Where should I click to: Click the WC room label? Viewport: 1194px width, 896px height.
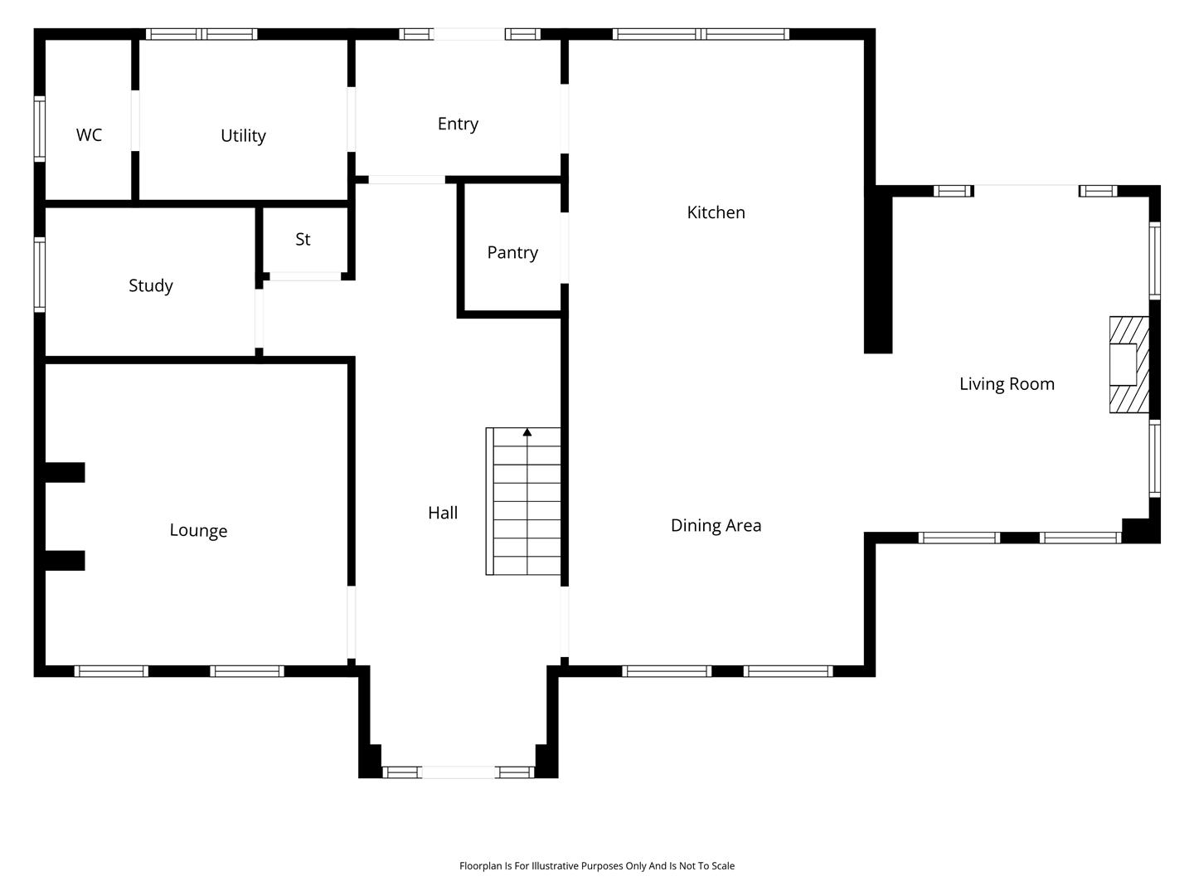click(x=89, y=135)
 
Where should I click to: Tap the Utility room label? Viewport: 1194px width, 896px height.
click(x=243, y=135)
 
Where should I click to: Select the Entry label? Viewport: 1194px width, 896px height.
click(x=458, y=124)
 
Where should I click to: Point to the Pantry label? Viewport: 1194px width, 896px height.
click(x=512, y=252)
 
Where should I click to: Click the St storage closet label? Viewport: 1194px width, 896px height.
click(x=303, y=240)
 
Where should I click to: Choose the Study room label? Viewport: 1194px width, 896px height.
click(x=151, y=285)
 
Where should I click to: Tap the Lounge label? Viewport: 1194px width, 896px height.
click(x=198, y=530)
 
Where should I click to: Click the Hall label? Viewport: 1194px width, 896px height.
click(x=443, y=513)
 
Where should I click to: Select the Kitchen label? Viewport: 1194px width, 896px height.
click(x=716, y=212)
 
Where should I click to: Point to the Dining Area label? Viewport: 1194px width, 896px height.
click(x=716, y=525)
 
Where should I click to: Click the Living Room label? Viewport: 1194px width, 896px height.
click(x=1007, y=384)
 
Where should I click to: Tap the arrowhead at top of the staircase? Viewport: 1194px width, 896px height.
click(x=527, y=432)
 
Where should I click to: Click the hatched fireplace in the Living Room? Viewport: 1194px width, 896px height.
click(x=1129, y=365)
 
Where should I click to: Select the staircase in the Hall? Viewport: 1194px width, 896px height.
click(x=523, y=502)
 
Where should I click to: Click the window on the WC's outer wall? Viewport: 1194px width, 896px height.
click(x=40, y=129)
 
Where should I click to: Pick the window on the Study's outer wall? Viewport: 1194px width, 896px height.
click(x=40, y=275)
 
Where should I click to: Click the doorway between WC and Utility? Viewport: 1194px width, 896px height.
click(x=135, y=120)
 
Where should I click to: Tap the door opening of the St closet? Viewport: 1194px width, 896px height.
click(x=305, y=277)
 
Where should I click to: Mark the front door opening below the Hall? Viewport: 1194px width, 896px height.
click(x=459, y=772)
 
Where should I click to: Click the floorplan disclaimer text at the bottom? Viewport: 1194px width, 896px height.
click(x=597, y=866)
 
